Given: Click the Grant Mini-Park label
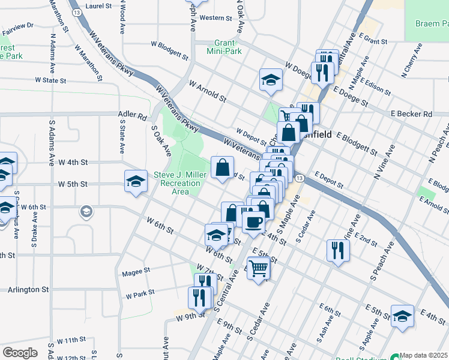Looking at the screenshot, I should pos(236,47).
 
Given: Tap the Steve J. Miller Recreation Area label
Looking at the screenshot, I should pos(180,182).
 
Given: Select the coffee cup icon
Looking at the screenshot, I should pos(253,222).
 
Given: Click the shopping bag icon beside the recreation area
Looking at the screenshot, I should pos(222,168).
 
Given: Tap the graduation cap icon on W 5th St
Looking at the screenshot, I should pos(136,181).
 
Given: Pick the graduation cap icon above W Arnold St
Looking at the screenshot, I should pos(271,80).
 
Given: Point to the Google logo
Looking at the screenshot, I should pos(19,353).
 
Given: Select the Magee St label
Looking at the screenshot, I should pos(135,272).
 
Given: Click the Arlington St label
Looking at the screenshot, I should pos(28,289).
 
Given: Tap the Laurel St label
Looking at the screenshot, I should pos(99,6).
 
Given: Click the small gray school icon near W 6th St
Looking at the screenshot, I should pos(86,211).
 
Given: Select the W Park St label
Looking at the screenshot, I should pos(140,295).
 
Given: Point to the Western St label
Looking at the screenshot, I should pos(211,18).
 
